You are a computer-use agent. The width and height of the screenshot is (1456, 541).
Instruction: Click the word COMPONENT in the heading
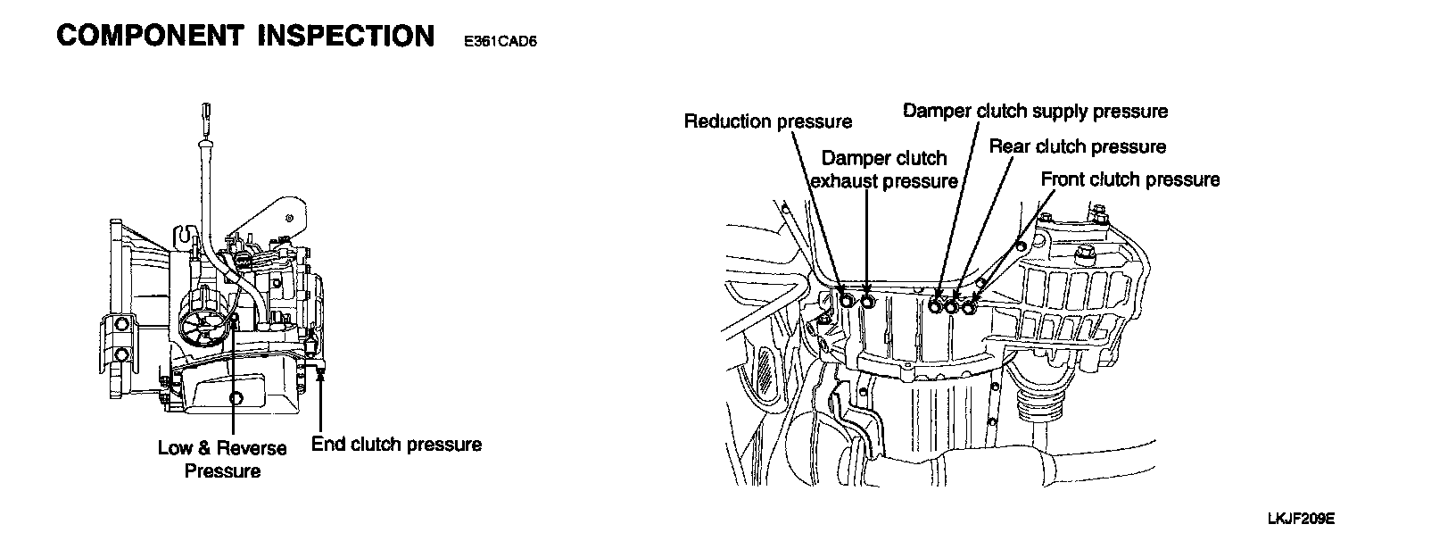click(149, 36)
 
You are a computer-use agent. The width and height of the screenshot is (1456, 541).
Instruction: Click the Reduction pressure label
click(768, 121)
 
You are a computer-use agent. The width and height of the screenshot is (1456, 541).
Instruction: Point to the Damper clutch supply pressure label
click(1035, 112)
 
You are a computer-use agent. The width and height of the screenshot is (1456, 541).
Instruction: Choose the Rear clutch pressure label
click(1077, 146)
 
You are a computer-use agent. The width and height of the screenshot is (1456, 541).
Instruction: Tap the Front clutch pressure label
click(1130, 179)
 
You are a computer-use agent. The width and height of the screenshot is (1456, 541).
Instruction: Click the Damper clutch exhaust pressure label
click(883, 170)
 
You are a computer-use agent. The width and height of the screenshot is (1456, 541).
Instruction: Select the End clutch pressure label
click(396, 445)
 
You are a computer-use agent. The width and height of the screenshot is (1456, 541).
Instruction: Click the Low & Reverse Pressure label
click(222, 459)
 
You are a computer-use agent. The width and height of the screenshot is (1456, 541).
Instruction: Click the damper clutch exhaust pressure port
click(867, 303)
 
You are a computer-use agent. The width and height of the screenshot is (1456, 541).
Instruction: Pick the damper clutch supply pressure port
click(935, 306)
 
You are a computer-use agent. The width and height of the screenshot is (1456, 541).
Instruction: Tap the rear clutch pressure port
click(952, 307)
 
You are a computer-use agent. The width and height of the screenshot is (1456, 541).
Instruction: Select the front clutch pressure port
click(969, 307)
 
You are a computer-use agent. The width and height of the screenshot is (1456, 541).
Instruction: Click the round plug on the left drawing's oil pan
click(236, 397)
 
